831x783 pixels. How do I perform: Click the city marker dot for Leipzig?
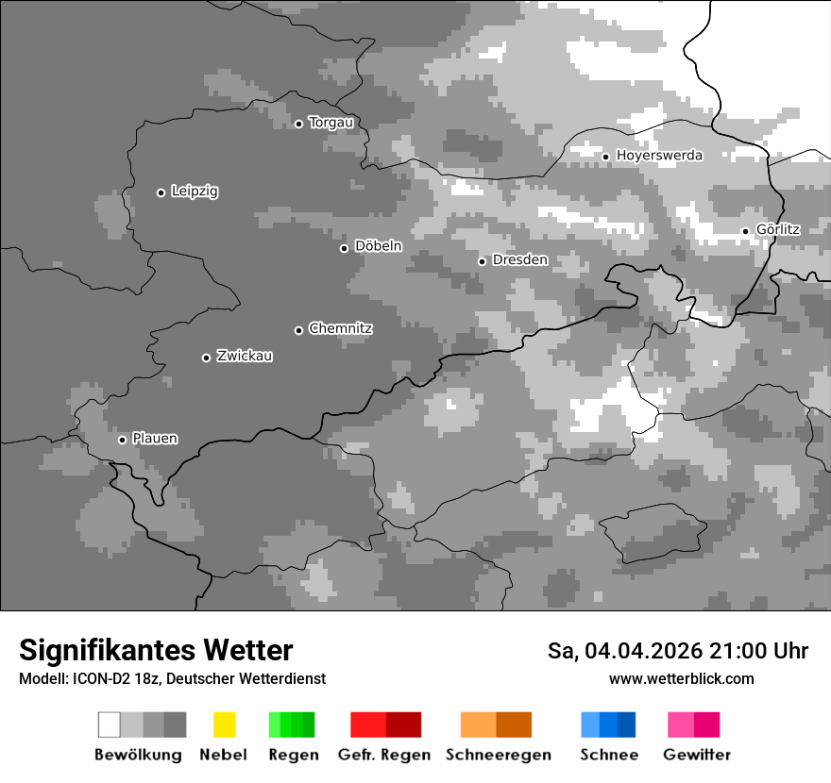point(161,192)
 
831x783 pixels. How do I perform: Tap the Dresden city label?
point(519,259)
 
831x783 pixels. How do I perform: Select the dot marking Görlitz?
point(745,231)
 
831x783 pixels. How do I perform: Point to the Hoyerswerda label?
point(659,155)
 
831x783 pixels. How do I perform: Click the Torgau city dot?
point(298,124)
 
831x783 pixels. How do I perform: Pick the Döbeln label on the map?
point(378,246)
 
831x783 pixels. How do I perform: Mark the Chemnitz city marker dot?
point(298,330)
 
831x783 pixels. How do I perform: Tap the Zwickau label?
point(245,356)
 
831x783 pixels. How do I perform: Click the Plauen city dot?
point(122,440)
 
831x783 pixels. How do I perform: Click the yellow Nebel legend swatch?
point(224,725)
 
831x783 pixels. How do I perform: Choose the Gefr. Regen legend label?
point(383,755)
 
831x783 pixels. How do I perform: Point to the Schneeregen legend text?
point(499,755)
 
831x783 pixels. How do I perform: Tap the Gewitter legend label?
point(697,755)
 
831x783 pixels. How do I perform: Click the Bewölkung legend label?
point(138,755)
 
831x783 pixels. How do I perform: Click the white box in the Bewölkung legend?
point(110,725)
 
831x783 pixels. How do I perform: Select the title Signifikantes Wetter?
point(156,650)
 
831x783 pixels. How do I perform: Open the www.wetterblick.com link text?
point(681,679)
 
